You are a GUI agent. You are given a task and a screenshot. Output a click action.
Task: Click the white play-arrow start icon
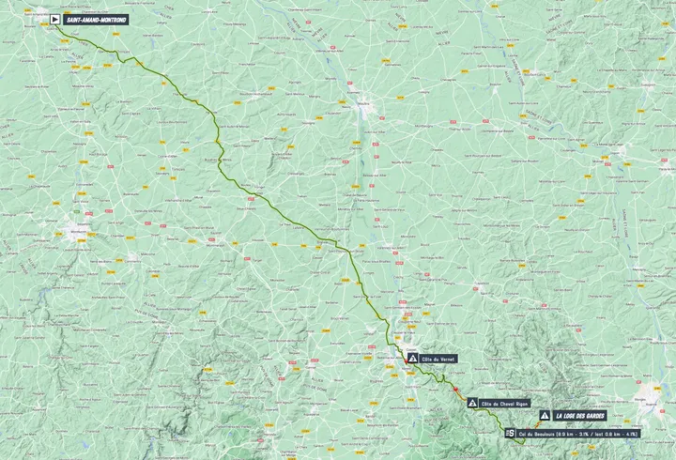pos(55,19)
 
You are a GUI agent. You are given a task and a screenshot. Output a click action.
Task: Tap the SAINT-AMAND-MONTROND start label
pos(96,19)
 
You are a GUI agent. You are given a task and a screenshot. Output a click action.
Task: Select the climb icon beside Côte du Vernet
pos(411,359)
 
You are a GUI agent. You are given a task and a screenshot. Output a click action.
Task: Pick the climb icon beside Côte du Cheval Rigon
pos(472,403)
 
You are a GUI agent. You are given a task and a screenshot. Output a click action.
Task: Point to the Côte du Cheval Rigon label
pos(506,403)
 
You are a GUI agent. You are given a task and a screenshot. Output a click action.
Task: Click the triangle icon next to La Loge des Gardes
pos(545,415)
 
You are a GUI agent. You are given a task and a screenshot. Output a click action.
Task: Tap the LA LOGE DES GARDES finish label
pos(579,415)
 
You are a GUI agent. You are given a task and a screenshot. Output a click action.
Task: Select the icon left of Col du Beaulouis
pos(510,433)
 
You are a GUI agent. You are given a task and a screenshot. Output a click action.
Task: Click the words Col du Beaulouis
pos(535,433)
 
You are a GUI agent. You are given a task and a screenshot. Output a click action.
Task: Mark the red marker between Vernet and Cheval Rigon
pos(455,388)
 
